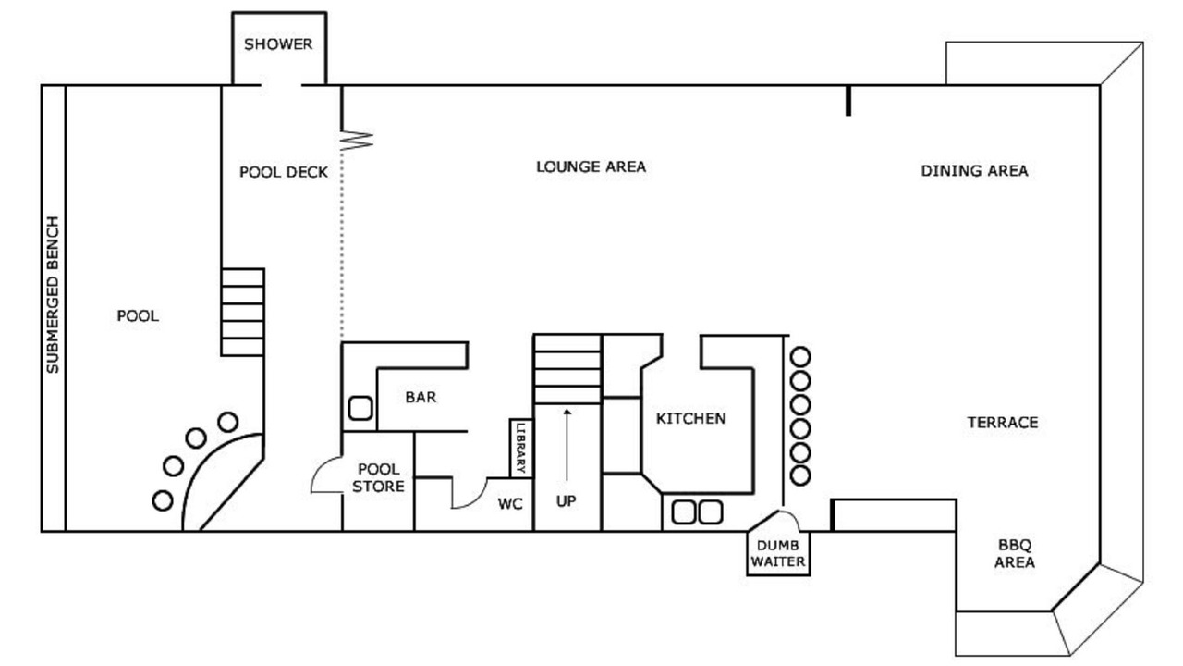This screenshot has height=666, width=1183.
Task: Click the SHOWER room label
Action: [278, 44]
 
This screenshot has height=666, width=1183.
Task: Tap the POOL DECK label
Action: [284, 172]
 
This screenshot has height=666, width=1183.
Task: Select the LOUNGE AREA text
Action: [591, 166]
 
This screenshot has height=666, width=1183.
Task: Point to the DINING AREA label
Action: [974, 171]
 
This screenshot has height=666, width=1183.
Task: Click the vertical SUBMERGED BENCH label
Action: [53, 295]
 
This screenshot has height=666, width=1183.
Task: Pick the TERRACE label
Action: [1003, 423]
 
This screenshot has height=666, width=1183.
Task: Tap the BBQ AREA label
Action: [1015, 553]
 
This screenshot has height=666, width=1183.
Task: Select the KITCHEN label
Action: [690, 419]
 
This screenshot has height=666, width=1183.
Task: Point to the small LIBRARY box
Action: [521, 448]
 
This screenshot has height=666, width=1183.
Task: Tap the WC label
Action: [511, 504]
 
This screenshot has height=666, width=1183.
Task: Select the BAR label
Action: [421, 398]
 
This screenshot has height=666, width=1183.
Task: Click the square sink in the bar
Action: [360, 408]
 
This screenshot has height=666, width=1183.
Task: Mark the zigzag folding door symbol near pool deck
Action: [358, 140]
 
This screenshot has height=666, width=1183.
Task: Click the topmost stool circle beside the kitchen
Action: [800, 356]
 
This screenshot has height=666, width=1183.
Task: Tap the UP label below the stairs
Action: [567, 500]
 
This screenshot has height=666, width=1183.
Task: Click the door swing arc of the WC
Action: [468, 497]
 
